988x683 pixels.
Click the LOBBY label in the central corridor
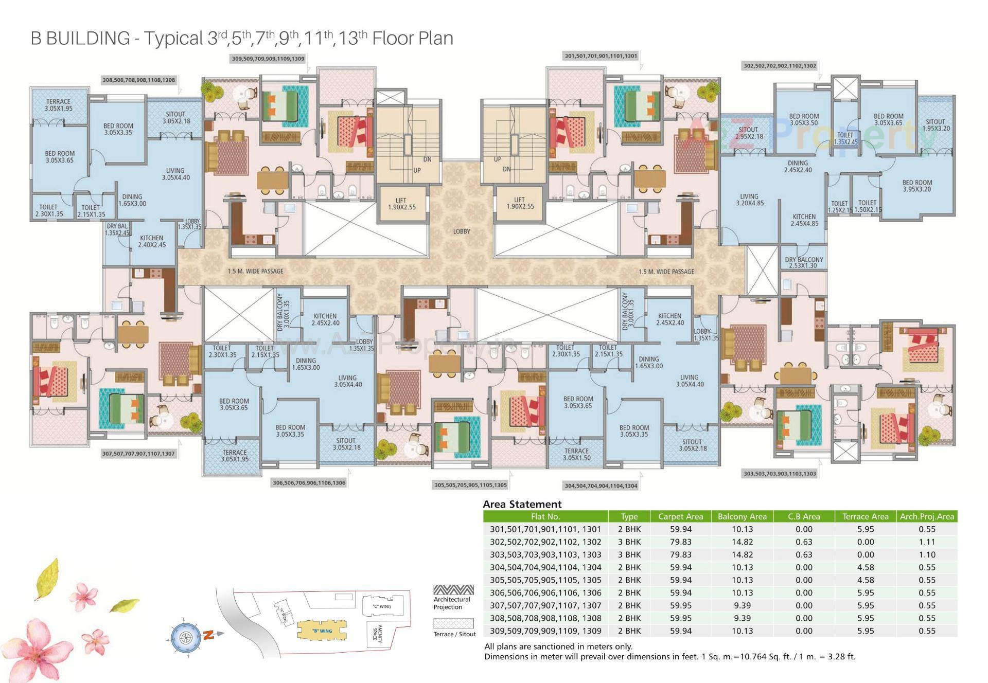tap(462, 231)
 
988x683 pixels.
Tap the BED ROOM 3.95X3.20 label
tap(917, 186)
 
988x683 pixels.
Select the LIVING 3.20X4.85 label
tap(749, 200)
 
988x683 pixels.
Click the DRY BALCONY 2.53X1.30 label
tap(804, 262)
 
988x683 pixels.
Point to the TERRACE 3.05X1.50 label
tap(576, 454)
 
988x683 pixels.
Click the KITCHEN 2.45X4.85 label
tap(804, 220)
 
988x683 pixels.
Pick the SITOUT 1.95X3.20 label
tap(936, 125)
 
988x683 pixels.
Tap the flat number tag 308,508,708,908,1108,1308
tap(139, 80)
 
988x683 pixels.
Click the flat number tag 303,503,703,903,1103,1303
tap(780, 474)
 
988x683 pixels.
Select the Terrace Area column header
tap(865, 516)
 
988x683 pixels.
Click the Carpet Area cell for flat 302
tap(680, 542)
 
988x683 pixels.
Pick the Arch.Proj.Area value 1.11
tap(926, 542)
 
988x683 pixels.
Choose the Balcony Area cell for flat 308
tap(742, 618)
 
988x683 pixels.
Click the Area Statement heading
tap(522, 504)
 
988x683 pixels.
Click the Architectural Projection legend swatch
tap(453, 589)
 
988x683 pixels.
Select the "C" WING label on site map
tap(382, 606)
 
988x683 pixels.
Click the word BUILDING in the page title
tap(87, 38)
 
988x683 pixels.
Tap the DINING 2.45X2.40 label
tap(798, 166)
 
